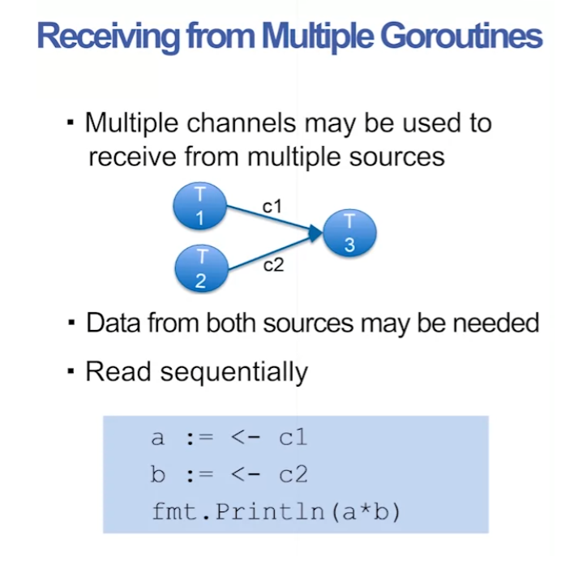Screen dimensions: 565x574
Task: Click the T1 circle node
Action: pos(199,208)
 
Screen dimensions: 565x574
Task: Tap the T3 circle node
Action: pos(349,233)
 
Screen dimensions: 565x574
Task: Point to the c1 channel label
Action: pos(272,207)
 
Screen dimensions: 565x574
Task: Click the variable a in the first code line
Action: pos(158,438)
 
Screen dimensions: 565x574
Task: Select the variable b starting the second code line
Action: pos(158,475)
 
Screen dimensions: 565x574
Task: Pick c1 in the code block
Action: pos(293,438)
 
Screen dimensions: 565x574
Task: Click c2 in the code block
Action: pos(293,475)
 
